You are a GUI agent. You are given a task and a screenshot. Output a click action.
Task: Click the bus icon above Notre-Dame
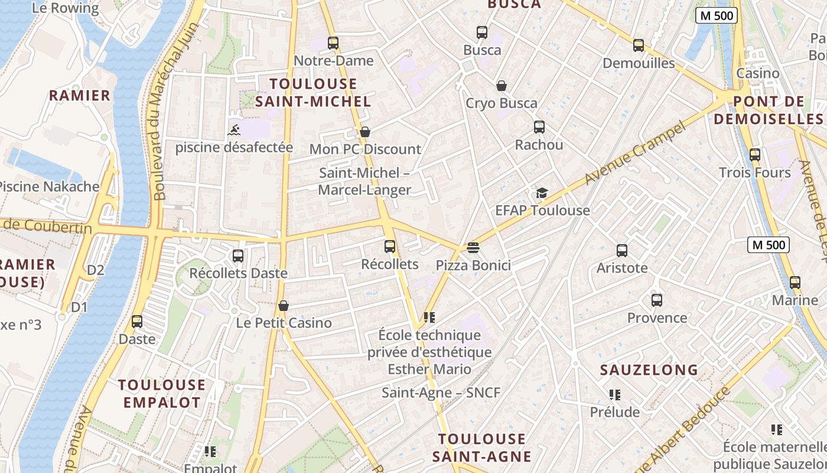pos(333,43)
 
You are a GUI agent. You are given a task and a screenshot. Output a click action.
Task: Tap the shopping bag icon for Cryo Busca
pos(502,86)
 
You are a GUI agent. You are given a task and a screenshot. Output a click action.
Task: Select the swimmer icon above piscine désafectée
pos(234,130)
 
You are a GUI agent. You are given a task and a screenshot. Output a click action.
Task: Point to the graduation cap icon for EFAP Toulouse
pos(542,193)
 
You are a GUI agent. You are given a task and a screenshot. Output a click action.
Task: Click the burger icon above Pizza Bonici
pos(473,247)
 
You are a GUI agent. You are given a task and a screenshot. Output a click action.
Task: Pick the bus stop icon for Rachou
pos(539,127)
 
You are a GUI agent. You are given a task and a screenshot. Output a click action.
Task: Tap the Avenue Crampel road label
pos(637,153)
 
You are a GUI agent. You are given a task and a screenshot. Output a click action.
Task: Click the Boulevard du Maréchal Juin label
pos(160,112)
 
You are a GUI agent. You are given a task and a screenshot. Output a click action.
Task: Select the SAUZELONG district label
pos(649,370)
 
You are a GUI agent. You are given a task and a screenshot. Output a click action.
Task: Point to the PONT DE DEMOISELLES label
pos(769,110)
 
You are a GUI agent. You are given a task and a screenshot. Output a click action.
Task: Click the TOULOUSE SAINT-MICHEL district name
pos(313,92)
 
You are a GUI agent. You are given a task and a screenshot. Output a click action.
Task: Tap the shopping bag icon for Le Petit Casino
pos(284,306)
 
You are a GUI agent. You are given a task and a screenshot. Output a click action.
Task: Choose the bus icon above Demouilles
pos(639,46)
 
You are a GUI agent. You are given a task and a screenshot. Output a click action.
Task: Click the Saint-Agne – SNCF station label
pos(441,393)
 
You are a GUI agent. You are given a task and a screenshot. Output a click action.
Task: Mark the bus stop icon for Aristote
pos(622,251)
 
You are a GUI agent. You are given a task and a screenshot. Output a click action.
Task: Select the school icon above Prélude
pos(615,394)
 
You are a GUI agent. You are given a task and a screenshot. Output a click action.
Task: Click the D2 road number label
pos(96,270)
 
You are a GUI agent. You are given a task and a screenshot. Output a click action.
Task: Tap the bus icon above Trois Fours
pos(755,155)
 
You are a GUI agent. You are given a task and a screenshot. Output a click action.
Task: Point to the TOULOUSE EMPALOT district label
pos(161,394)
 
